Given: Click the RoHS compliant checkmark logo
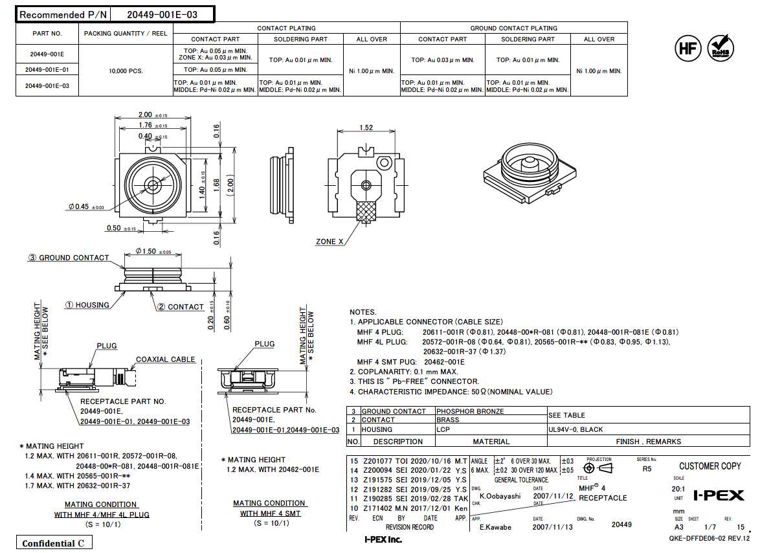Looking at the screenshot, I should click(721, 49).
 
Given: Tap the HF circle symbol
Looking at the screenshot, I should click(688, 49).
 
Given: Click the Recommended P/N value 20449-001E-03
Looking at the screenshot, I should click(162, 14).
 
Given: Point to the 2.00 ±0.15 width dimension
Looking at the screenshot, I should click(151, 115).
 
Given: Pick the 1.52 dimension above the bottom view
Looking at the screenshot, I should click(365, 128).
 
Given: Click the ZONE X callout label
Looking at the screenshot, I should click(330, 242).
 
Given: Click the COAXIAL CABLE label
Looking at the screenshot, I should click(165, 359).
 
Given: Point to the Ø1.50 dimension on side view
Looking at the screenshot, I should click(153, 251).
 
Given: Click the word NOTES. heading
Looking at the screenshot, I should click(363, 312).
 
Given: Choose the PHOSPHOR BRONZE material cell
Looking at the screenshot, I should click(469, 411).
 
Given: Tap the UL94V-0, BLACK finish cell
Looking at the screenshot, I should click(576, 429).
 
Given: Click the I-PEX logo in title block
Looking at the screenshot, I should click(719, 495).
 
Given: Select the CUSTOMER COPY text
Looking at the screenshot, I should click(710, 466).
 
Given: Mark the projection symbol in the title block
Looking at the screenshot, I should click(598, 468).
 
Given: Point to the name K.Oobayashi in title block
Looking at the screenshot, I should click(500, 496).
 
